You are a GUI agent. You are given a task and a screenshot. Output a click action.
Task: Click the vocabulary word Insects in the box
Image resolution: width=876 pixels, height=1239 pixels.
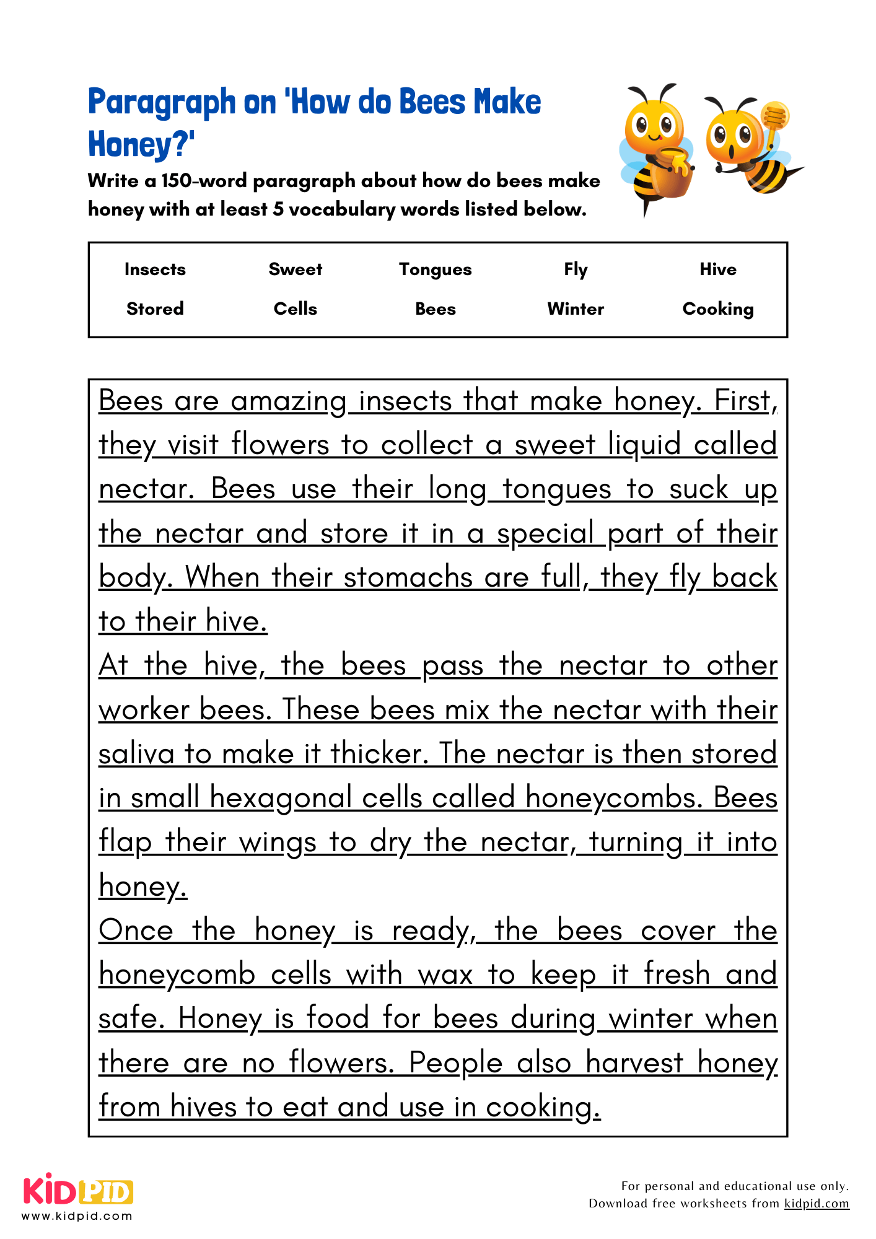(155, 269)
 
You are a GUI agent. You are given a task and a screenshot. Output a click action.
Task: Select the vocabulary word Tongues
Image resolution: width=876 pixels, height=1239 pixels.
(435, 269)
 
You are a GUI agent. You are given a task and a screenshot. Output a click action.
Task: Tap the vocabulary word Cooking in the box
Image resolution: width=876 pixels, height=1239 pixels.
(717, 309)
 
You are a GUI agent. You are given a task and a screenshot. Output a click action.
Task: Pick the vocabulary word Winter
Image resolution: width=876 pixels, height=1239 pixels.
(575, 309)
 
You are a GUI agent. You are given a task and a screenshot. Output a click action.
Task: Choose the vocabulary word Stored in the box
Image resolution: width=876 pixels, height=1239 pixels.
(155, 309)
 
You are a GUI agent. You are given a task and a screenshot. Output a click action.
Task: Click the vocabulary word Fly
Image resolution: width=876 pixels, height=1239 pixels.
(575, 269)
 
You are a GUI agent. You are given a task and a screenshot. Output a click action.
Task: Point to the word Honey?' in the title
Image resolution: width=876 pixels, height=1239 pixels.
(141, 144)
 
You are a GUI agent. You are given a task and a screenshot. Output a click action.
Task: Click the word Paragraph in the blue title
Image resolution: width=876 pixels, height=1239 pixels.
(162, 102)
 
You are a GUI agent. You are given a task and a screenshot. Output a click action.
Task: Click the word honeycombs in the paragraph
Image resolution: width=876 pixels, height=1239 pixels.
(613, 798)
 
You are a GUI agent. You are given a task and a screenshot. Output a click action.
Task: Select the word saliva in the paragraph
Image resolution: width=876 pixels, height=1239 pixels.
(136, 754)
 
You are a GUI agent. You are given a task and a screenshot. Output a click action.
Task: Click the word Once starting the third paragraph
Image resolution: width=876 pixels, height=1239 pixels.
(136, 930)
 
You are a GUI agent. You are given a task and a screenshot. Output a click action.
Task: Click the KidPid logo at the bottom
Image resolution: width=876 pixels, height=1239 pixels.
(78, 1191)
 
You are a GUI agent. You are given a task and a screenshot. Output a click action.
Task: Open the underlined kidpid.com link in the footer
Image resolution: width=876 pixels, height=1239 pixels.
(816, 1203)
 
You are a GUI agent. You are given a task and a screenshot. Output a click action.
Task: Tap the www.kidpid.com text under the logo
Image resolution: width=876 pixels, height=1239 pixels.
(77, 1216)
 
